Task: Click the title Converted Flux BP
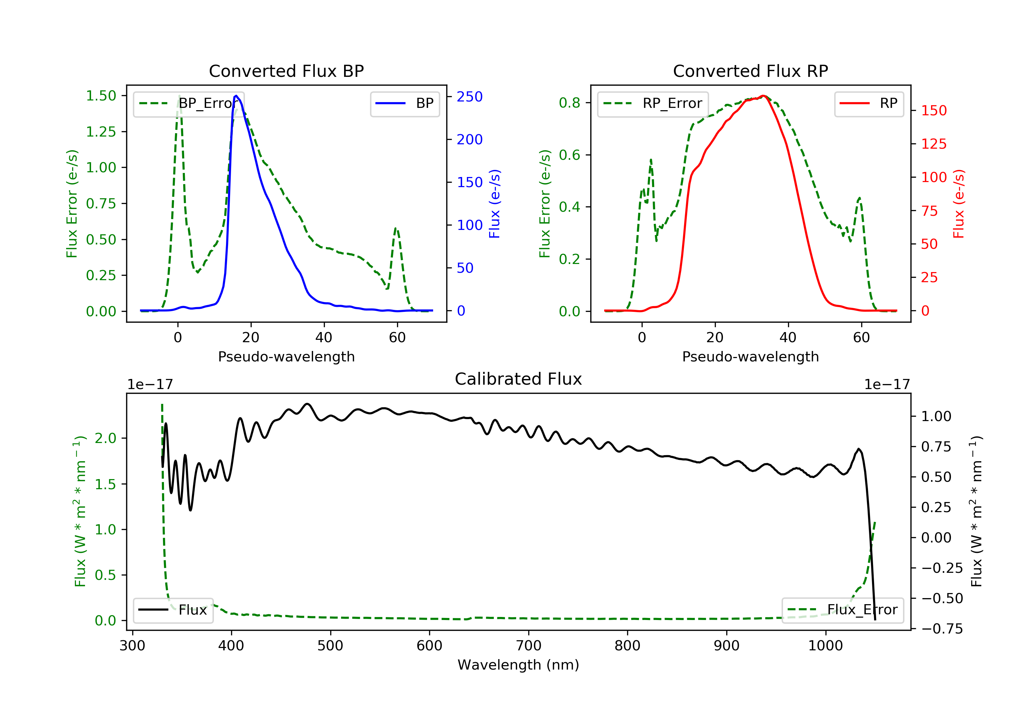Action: [x=286, y=71]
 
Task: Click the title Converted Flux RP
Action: [x=751, y=71]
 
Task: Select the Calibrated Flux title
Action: [x=518, y=379]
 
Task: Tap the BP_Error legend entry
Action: [x=189, y=104]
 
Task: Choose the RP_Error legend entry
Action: [x=653, y=104]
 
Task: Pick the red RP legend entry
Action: [x=869, y=104]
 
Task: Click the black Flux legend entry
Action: [x=173, y=610]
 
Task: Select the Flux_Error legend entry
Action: [x=843, y=610]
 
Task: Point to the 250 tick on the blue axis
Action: [x=470, y=97]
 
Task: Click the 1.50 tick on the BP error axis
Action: [x=101, y=96]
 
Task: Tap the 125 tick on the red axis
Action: [x=933, y=144]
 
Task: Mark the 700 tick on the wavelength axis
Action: [x=529, y=646]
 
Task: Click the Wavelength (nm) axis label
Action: [x=518, y=665]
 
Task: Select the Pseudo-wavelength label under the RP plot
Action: [x=751, y=356]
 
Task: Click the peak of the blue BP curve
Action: [x=236, y=96]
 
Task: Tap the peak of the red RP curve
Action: [x=763, y=96]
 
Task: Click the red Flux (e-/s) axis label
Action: [x=959, y=204]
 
